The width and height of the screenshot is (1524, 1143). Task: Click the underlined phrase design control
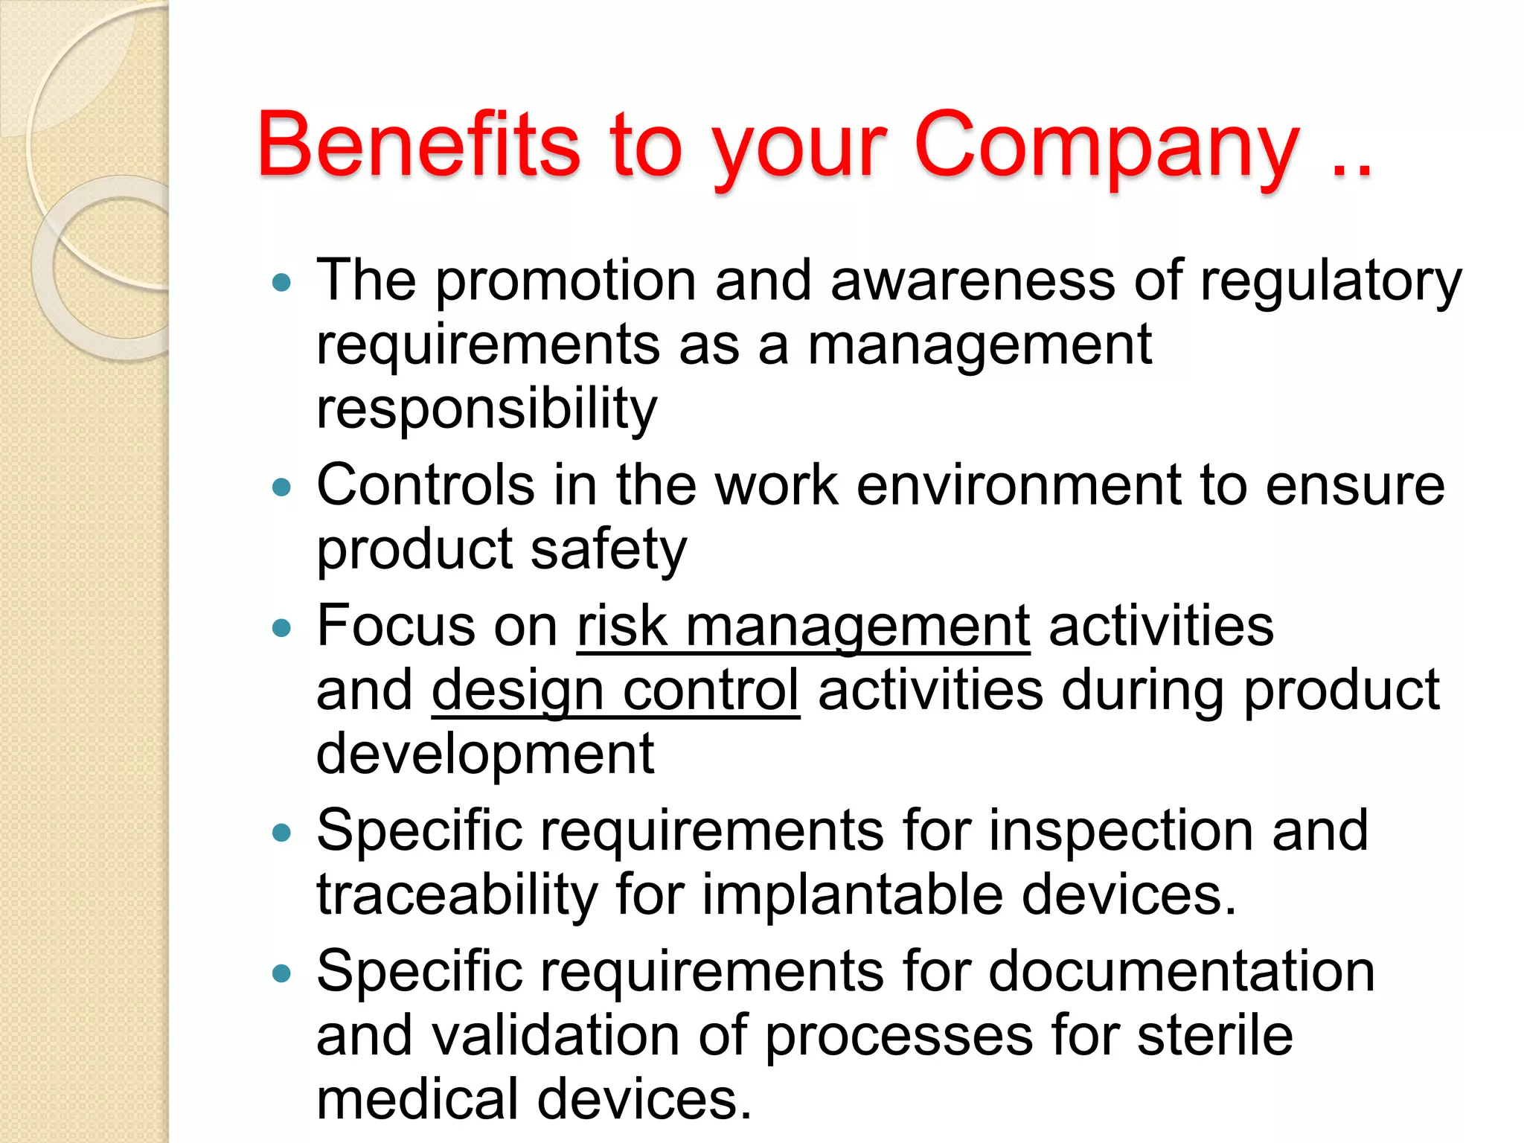pyautogui.click(x=615, y=690)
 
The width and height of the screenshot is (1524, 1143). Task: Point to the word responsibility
pyautogui.click(x=487, y=409)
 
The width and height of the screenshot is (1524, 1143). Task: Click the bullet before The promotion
pyautogui.click(x=281, y=283)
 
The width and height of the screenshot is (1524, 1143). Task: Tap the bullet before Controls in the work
pyautogui.click(x=281, y=487)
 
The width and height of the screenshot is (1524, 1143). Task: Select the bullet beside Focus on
pyautogui.click(x=281, y=628)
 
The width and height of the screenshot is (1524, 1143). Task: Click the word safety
pyautogui.click(x=609, y=551)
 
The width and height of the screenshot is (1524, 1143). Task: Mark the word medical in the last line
pyautogui.click(x=417, y=1099)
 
